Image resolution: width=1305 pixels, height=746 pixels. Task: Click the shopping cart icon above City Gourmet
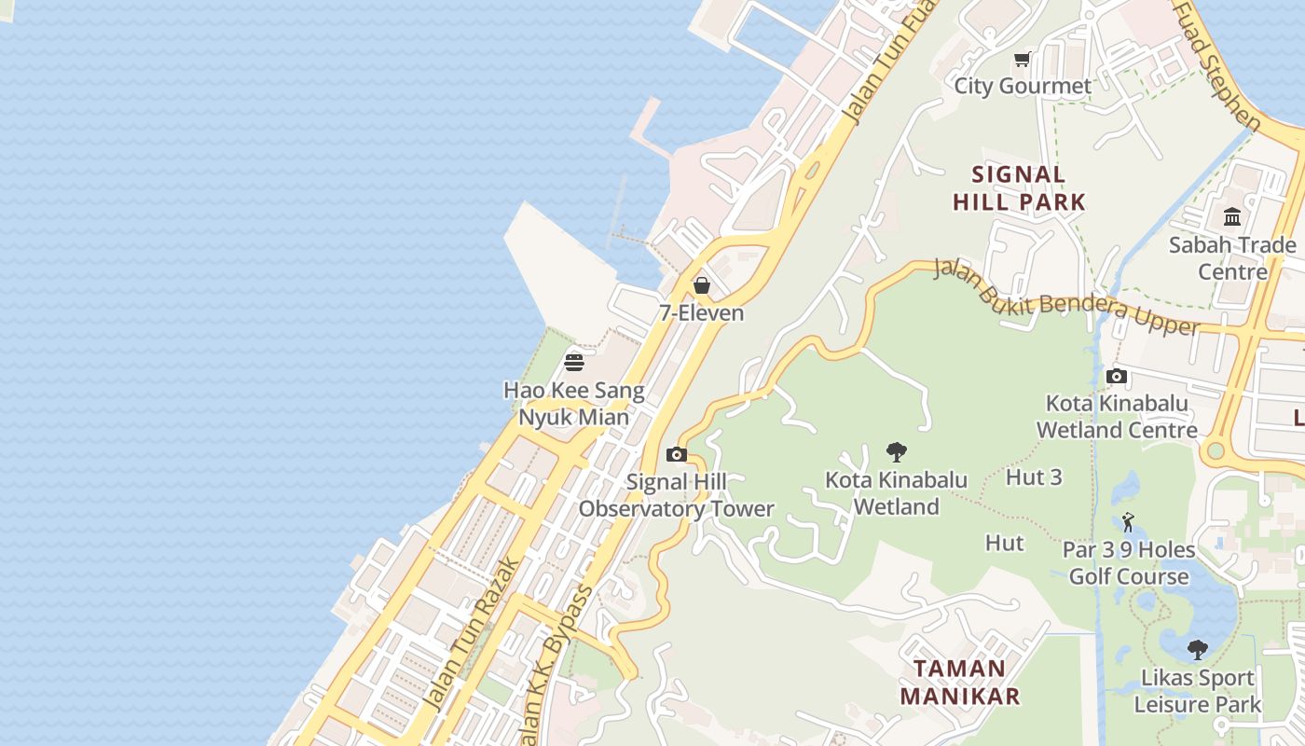1022,60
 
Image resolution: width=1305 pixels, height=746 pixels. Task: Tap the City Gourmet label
1022,87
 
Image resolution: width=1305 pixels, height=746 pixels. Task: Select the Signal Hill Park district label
1019,187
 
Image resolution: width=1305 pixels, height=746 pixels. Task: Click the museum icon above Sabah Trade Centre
1232,217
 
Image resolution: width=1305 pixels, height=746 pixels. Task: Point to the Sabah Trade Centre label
1232,258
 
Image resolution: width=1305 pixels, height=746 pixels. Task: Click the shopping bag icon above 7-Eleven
701,285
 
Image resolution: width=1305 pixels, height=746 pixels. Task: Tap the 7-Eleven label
702,313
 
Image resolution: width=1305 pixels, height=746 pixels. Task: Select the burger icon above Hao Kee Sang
574,363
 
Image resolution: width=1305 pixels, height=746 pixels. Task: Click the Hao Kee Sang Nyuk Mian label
573,403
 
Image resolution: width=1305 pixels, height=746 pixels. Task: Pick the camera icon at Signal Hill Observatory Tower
677,455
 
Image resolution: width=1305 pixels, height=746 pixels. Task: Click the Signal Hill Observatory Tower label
676,495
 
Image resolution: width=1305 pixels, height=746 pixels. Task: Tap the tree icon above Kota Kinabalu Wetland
897,452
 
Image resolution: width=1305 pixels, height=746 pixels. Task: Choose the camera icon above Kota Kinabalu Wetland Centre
1116,377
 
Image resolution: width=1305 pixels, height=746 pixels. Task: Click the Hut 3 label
1034,477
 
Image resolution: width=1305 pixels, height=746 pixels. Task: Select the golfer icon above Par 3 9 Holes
1128,522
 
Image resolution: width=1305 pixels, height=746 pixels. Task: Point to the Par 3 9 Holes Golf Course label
1129,563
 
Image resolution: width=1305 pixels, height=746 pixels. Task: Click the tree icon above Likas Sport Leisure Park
1198,650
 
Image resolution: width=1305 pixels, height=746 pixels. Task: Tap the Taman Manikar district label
959,682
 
